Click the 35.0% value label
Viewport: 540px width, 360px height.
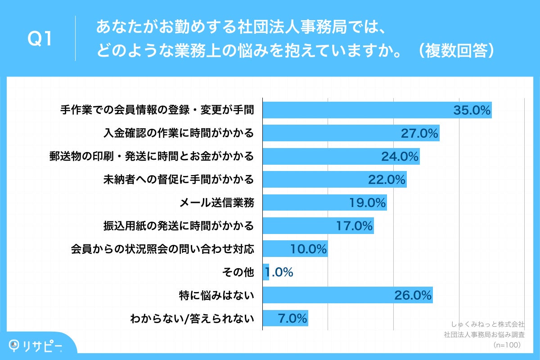[x=472, y=110]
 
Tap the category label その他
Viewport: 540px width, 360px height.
[x=238, y=272]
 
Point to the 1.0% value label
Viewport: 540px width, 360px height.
[x=279, y=272]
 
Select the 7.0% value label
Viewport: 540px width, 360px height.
[x=292, y=319]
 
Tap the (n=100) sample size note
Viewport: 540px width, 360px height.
[x=507, y=345]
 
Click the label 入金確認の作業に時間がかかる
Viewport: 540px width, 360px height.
[x=178, y=133]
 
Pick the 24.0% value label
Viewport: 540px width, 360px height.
[x=400, y=157]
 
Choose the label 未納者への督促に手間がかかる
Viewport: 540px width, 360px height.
[x=178, y=180]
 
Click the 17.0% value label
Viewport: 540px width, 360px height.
[x=355, y=226]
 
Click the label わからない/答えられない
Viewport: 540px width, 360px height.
[x=192, y=319]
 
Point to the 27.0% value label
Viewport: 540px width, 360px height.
[x=419, y=133]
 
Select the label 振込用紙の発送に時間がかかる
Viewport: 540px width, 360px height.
[x=178, y=226]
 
